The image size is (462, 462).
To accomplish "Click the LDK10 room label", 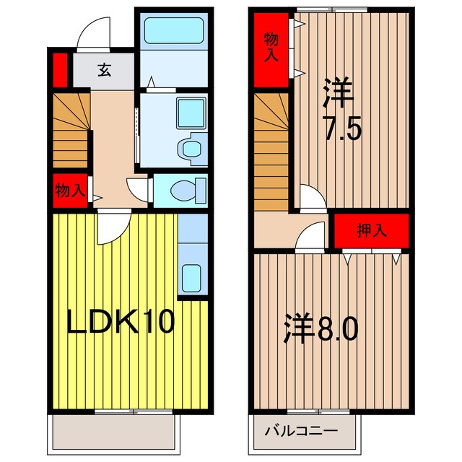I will (x=121, y=323).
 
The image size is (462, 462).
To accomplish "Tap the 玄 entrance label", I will (x=105, y=70).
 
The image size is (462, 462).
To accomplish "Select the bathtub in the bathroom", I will (x=173, y=32).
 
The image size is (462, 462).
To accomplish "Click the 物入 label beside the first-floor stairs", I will (x=70, y=191).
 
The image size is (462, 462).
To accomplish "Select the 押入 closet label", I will (x=372, y=231).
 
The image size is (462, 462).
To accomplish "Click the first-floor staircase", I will (x=69, y=129).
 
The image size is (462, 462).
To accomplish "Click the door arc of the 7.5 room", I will (x=310, y=198).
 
